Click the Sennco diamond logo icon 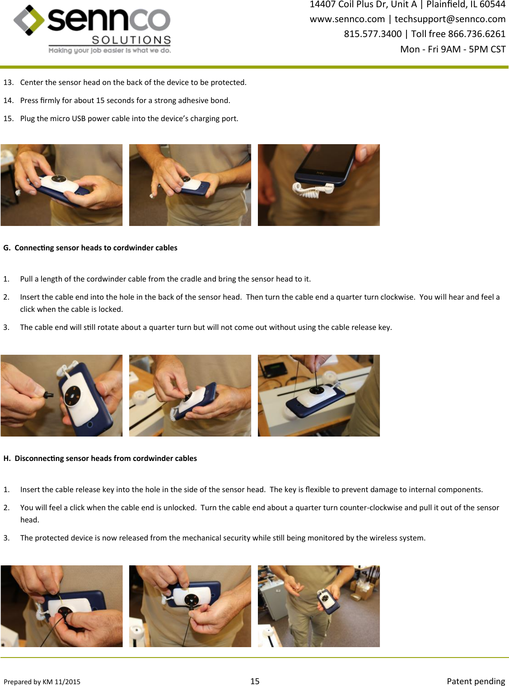point(29,20)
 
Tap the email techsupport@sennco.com point(450,19)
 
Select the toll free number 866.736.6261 point(476,34)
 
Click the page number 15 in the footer point(255,681)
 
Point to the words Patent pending point(476,681)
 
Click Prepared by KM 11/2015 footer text point(42,681)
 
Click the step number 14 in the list point(8,100)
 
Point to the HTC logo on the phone point(320,173)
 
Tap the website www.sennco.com point(347,19)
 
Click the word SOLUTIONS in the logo point(131,40)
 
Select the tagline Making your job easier point(110,51)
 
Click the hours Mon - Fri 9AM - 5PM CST point(453,49)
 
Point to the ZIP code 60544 point(493,5)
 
